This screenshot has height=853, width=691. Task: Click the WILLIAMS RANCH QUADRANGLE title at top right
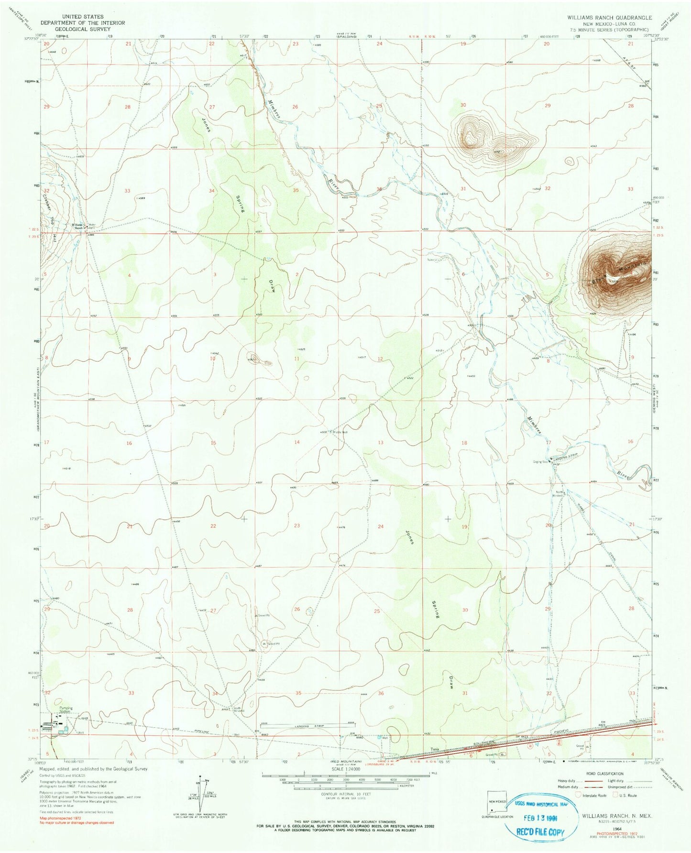pos(609,17)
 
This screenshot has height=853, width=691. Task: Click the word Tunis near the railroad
pos(434,749)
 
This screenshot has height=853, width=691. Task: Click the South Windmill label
pos(238,709)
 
